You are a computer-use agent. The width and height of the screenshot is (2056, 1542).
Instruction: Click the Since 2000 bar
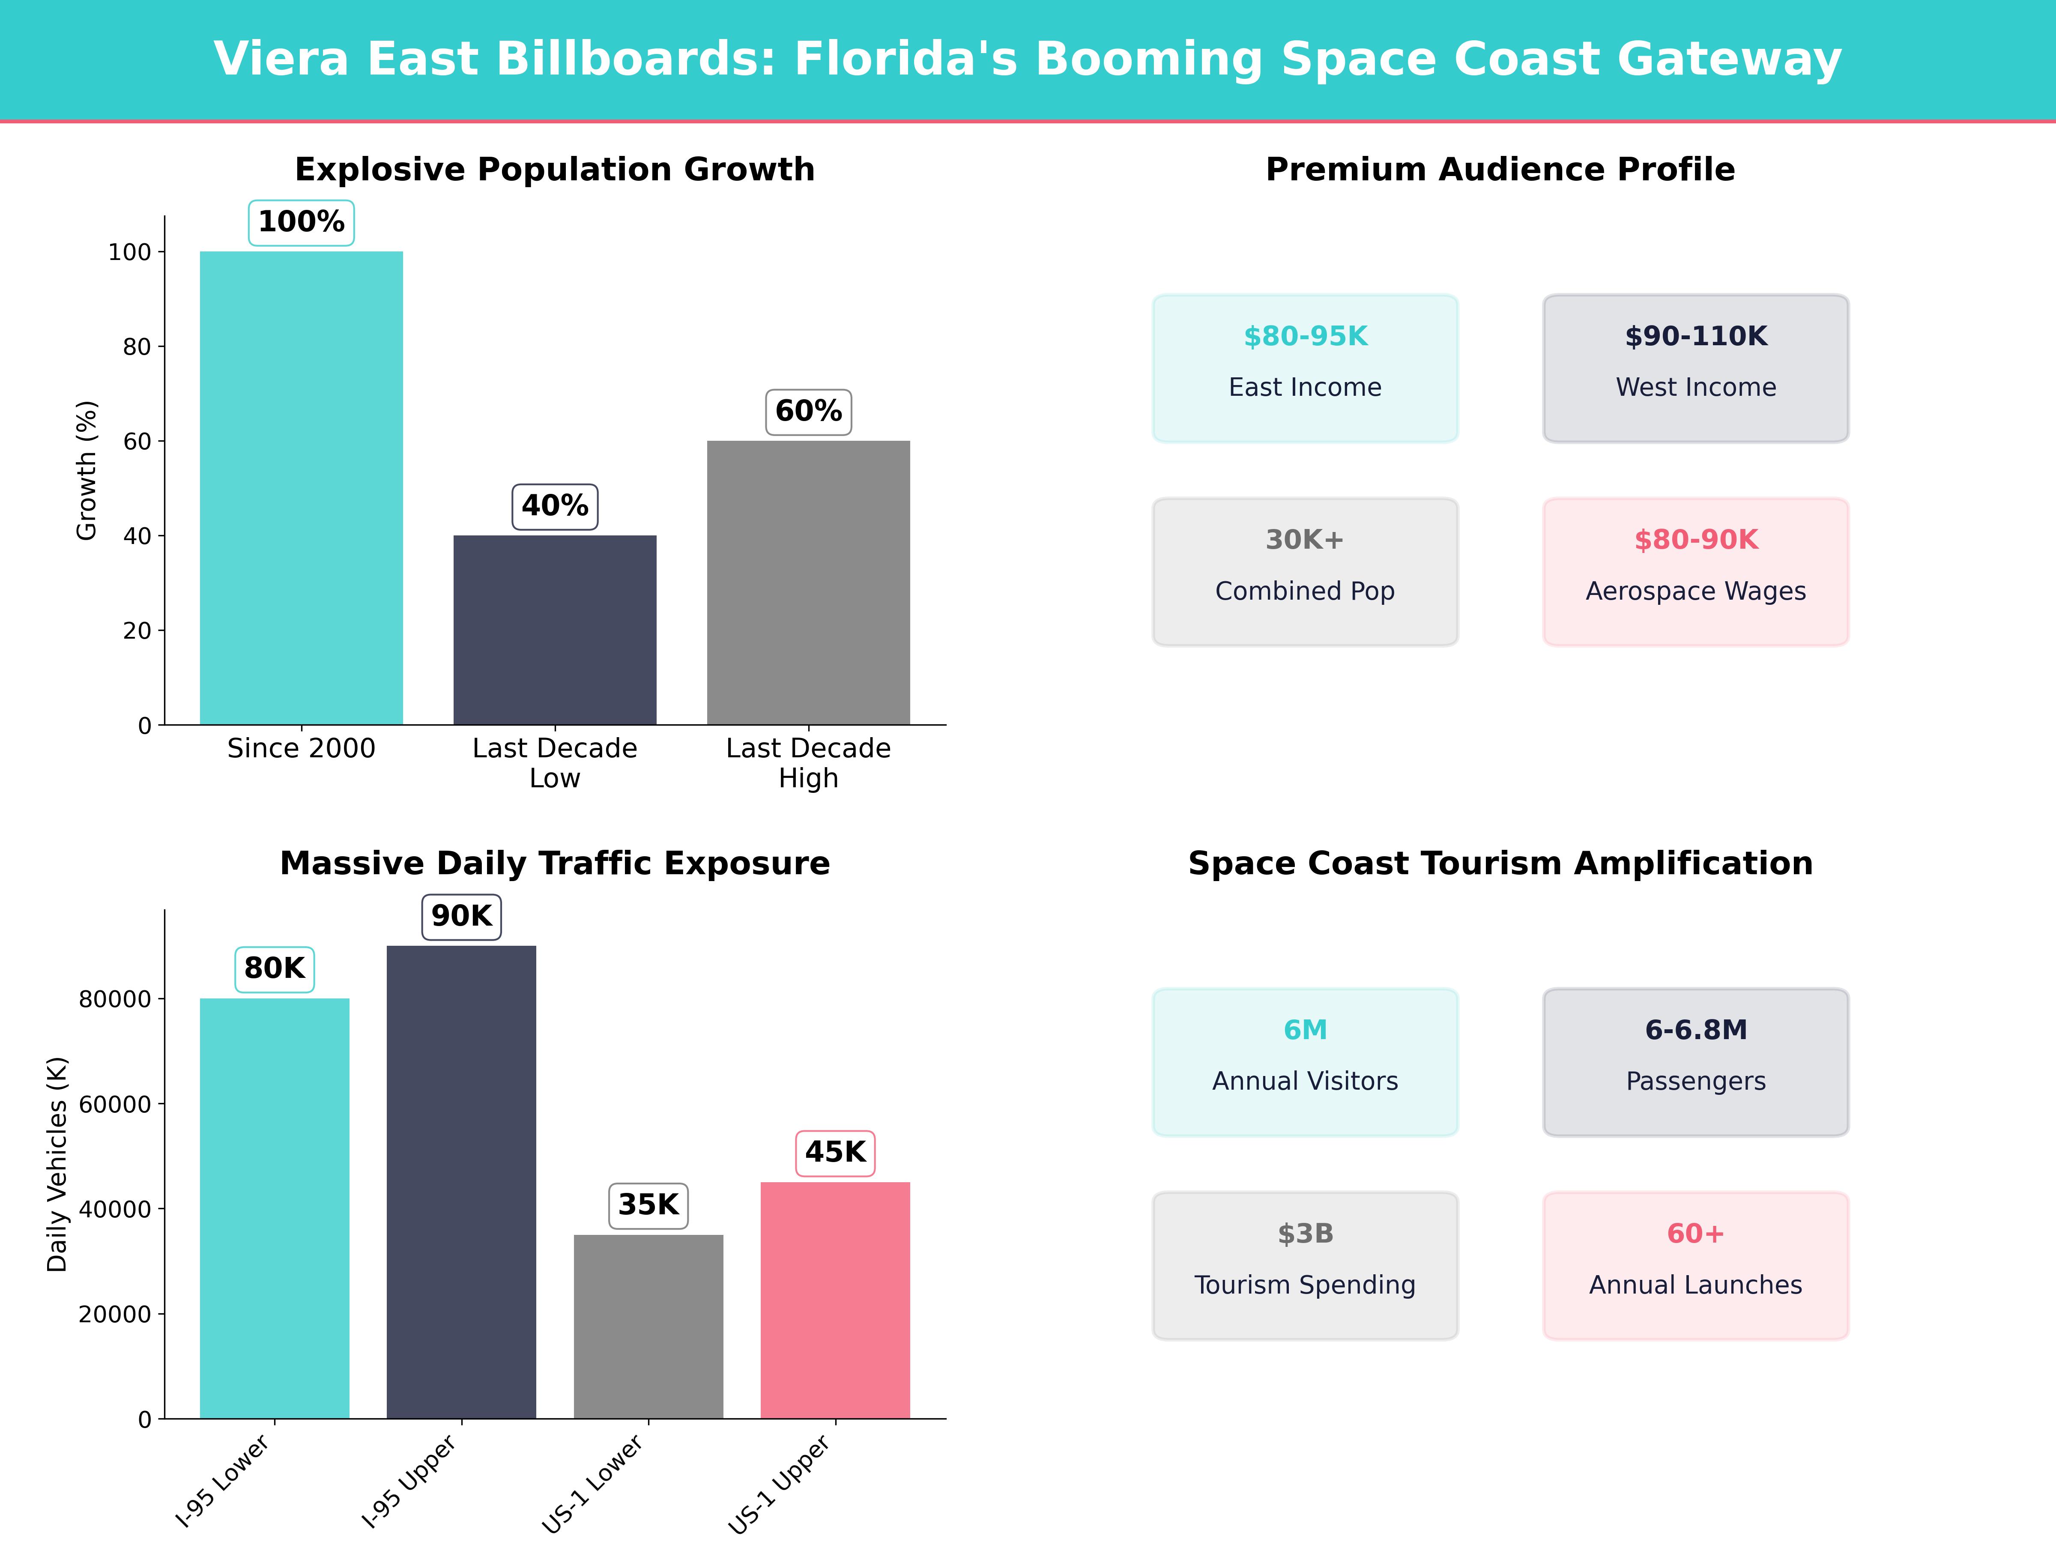[x=301, y=488]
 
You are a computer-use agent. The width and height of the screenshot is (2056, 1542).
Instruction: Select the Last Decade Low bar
[x=555, y=630]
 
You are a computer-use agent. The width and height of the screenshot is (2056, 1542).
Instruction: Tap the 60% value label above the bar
[x=808, y=411]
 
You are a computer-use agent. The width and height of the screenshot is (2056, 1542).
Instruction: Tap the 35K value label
[x=648, y=1204]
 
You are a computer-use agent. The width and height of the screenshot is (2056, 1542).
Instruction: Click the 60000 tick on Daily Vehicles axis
[x=114, y=1104]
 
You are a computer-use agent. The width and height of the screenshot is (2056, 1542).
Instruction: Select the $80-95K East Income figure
[x=1305, y=337]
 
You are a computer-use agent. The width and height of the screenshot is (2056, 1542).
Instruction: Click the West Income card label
[x=1695, y=388]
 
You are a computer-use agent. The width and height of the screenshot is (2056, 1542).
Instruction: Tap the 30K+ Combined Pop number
[x=1305, y=540]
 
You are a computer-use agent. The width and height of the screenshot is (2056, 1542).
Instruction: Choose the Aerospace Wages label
[x=1695, y=591]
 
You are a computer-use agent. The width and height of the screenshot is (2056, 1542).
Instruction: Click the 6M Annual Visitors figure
[x=1305, y=1030]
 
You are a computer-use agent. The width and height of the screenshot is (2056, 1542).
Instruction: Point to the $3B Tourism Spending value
[x=1305, y=1234]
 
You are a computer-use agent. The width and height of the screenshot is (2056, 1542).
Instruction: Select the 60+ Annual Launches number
[x=1695, y=1234]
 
